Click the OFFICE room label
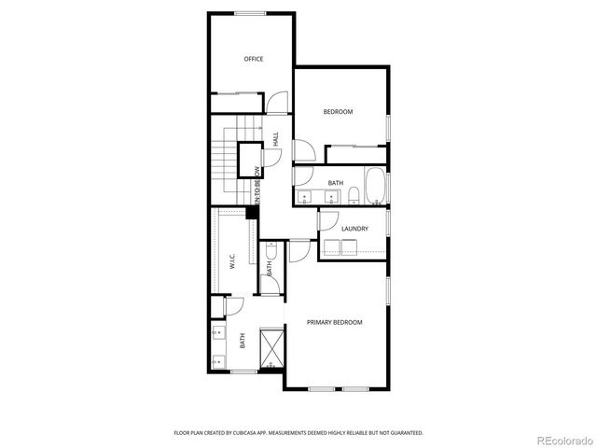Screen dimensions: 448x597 pos(254,59)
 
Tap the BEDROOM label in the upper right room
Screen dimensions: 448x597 pos(338,112)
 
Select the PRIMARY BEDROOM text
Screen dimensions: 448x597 pos(335,322)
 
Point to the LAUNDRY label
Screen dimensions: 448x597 pos(354,229)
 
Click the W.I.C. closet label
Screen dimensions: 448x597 pos(233,260)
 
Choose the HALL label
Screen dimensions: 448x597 pos(275,138)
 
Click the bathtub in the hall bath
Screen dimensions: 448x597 pos(375,186)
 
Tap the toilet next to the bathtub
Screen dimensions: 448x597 pos(354,194)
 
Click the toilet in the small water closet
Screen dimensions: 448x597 pos(269,249)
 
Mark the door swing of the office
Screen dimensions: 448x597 pos(276,103)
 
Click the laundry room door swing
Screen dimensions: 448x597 pos(327,220)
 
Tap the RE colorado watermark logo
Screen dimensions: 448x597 pos(562,438)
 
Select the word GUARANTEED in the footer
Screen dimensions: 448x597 pos(403,433)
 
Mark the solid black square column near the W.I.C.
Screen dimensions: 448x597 pos(251,213)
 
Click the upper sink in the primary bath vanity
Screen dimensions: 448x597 pos(219,330)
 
